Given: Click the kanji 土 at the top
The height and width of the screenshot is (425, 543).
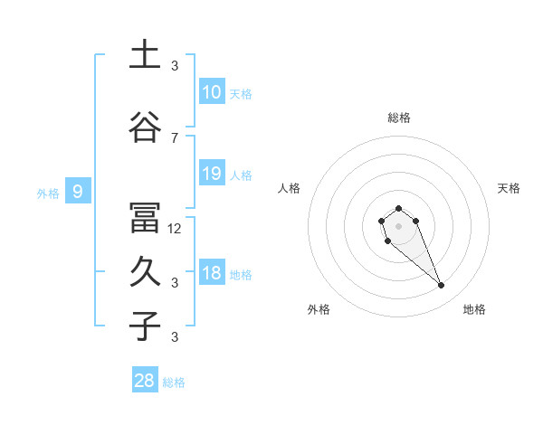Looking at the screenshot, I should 144,56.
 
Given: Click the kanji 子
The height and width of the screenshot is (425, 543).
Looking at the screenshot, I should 144,326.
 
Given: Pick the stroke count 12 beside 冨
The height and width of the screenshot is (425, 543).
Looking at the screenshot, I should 175,228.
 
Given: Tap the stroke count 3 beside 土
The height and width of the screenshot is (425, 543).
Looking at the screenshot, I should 175,65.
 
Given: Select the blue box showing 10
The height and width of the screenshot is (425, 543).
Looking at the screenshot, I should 212,91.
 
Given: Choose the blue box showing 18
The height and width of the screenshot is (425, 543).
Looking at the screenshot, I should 212,272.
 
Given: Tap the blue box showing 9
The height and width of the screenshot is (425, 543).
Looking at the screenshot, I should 78,191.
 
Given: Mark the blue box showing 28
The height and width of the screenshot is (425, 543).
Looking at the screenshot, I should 145,381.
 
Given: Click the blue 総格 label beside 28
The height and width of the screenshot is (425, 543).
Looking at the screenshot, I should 174,382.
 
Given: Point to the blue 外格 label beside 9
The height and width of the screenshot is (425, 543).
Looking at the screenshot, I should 48,193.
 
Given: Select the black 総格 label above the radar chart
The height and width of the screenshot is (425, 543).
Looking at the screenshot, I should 398,118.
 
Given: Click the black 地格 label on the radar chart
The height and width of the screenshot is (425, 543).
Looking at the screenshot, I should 474,309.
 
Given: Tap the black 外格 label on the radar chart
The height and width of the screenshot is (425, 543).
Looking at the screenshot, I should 319,309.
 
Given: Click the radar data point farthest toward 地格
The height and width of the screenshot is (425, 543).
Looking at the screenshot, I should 442,286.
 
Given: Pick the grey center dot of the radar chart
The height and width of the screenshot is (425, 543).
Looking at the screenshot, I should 398,224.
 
